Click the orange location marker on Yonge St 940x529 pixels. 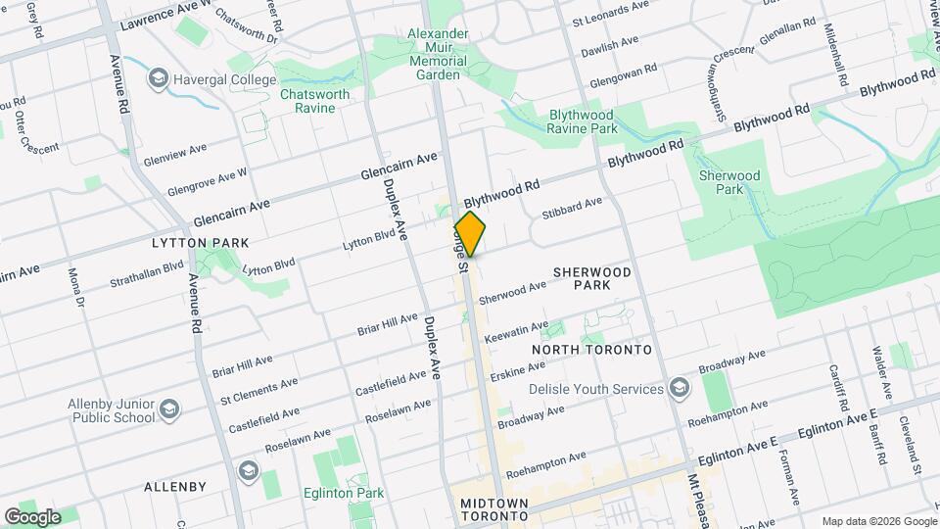coord(470,234)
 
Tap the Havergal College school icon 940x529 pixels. coord(157,77)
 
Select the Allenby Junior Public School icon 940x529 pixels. coord(169,409)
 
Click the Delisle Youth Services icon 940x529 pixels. coord(679,389)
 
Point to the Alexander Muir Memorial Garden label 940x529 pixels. coord(437,54)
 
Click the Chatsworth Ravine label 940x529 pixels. coord(314,101)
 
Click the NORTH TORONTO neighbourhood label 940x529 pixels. coord(591,350)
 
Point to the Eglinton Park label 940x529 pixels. coord(344,494)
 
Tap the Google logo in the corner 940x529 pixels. coord(32,516)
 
